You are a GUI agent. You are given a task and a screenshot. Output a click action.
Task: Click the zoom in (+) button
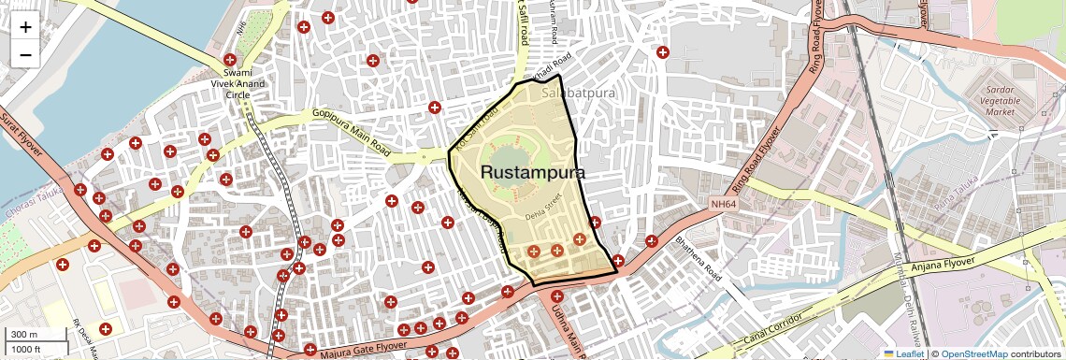(x=25, y=27)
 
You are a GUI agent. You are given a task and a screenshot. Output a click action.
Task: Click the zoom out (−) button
(x=25, y=55)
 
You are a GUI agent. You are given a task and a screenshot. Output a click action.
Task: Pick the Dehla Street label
(x=541, y=206)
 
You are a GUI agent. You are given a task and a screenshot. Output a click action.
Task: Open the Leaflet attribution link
(x=903, y=354)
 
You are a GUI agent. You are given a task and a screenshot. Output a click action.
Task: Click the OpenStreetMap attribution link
(x=974, y=354)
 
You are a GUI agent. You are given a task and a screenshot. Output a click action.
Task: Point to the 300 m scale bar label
(x=24, y=335)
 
